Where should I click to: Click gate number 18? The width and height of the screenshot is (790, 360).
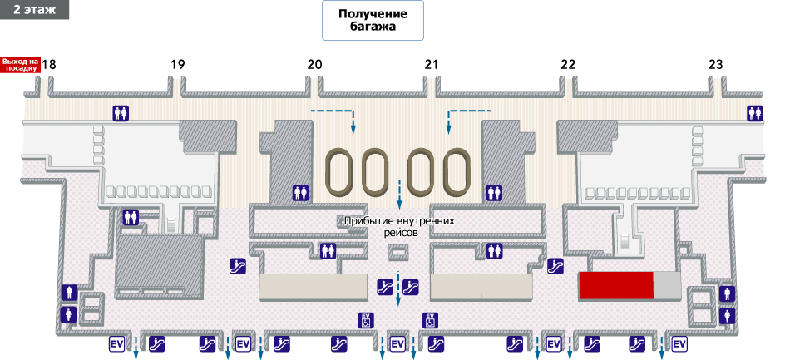pos(50,64)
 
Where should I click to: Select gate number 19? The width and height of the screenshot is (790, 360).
pos(177,64)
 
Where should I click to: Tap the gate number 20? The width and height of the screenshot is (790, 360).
pos(314,64)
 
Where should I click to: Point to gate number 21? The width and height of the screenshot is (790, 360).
pos(430,64)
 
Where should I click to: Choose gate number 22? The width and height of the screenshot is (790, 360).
pos(568,64)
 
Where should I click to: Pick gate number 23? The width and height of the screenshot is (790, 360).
pos(716,64)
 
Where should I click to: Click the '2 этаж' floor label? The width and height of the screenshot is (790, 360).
pos(34,8)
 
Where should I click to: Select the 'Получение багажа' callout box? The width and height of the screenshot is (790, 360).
pos(373,21)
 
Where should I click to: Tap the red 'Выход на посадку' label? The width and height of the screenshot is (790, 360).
pos(21,64)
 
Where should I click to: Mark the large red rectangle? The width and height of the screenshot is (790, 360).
pos(615,285)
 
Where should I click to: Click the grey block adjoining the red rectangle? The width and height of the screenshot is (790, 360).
pos(666,285)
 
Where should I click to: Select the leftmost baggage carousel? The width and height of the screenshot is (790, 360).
pos(339,172)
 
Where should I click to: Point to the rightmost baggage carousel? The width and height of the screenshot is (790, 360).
pos(455,172)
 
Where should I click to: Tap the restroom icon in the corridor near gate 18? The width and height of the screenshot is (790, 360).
pos(122,113)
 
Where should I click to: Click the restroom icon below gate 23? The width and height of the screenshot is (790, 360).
pos(755,113)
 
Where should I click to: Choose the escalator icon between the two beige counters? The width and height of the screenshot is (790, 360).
pos(385,287)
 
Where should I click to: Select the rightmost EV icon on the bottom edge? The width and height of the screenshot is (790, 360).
pos(679,343)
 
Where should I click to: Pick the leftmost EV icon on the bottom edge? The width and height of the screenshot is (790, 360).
pos(116,343)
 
